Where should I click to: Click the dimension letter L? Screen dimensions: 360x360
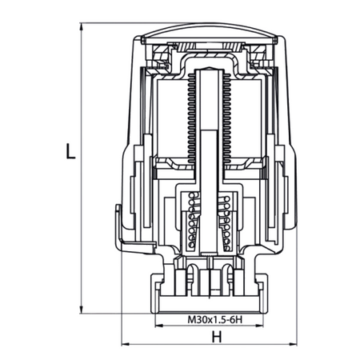(x=70, y=151)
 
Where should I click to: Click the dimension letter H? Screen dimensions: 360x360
(x=216, y=337)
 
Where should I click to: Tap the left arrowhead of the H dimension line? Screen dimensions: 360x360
(x=123, y=346)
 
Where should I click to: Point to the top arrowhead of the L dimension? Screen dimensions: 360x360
(x=83, y=26)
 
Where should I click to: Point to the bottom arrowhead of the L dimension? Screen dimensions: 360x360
(x=83, y=309)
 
